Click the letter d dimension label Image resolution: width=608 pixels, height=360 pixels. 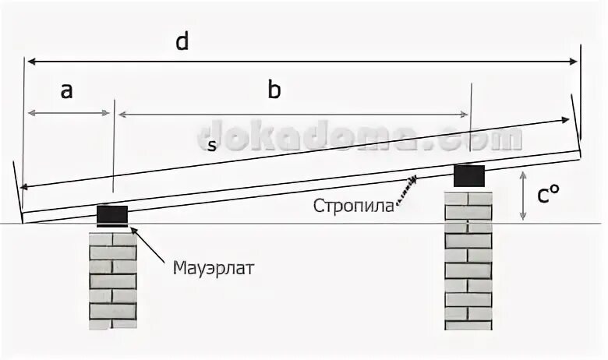click(x=182, y=41)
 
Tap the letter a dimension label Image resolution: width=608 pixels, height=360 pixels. click(x=67, y=90)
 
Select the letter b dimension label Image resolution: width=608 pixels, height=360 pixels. click(x=274, y=90)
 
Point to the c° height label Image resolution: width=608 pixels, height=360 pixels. click(x=548, y=196)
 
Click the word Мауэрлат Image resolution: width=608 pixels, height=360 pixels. click(x=214, y=269)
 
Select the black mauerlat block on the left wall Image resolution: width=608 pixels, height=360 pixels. click(x=112, y=214)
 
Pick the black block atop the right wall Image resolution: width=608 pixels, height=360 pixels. click(x=468, y=175)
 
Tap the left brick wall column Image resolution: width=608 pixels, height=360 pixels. click(x=112, y=277)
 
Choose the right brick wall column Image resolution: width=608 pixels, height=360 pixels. click(x=468, y=257)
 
